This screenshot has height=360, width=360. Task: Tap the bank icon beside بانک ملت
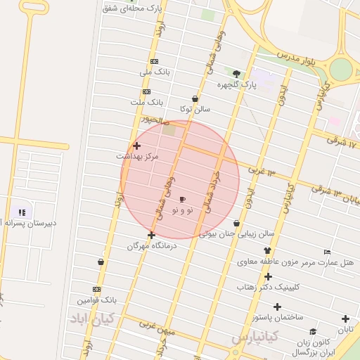tap(146, 91)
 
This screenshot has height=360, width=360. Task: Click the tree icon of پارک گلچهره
tap(236, 74)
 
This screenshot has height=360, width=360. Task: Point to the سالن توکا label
tap(195, 109)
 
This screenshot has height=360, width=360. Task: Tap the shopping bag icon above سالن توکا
tap(195, 98)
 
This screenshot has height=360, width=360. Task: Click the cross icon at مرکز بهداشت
tap(136, 145)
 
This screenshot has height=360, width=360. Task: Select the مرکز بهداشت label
tap(138, 155)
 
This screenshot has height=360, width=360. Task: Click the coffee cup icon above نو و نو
tap(183, 200)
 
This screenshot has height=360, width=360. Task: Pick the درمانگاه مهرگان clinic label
tap(152, 246)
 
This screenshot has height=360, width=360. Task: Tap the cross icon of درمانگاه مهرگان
tap(151, 235)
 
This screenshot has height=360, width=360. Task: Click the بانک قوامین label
tap(96, 300)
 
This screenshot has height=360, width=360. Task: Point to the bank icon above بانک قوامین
tap(96, 289)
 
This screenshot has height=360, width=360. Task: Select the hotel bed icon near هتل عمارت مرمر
tap(327, 252)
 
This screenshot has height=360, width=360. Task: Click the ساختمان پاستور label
tap(278, 317)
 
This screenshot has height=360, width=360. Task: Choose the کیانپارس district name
tap(255, 337)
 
